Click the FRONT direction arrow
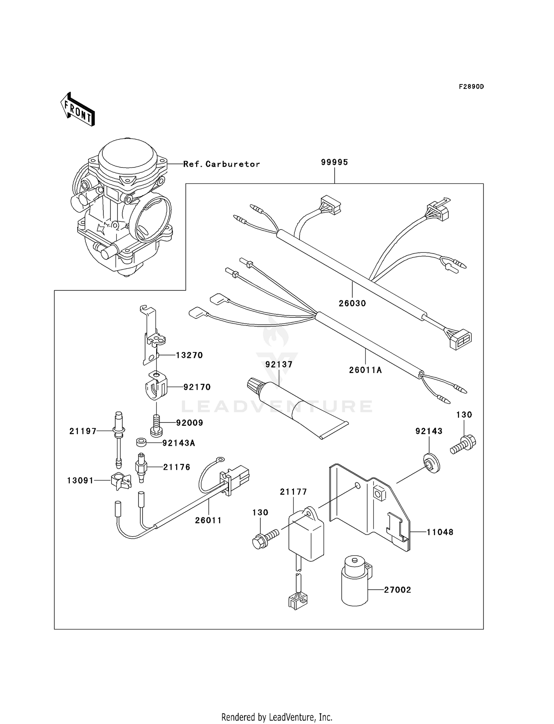coord(78,110)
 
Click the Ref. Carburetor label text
coord(222,164)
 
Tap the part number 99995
coord(334,162)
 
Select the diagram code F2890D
coord(471,87)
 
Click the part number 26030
coord(352,303)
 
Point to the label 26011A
coord(365,370)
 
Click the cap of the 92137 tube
coord(254,384)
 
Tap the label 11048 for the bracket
coord(440,532)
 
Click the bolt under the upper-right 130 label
coord(463,445)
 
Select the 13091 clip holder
coord(120,481)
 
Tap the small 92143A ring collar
coord(141,442)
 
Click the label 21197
coord(83,431)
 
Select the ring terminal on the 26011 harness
coord(219,459)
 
